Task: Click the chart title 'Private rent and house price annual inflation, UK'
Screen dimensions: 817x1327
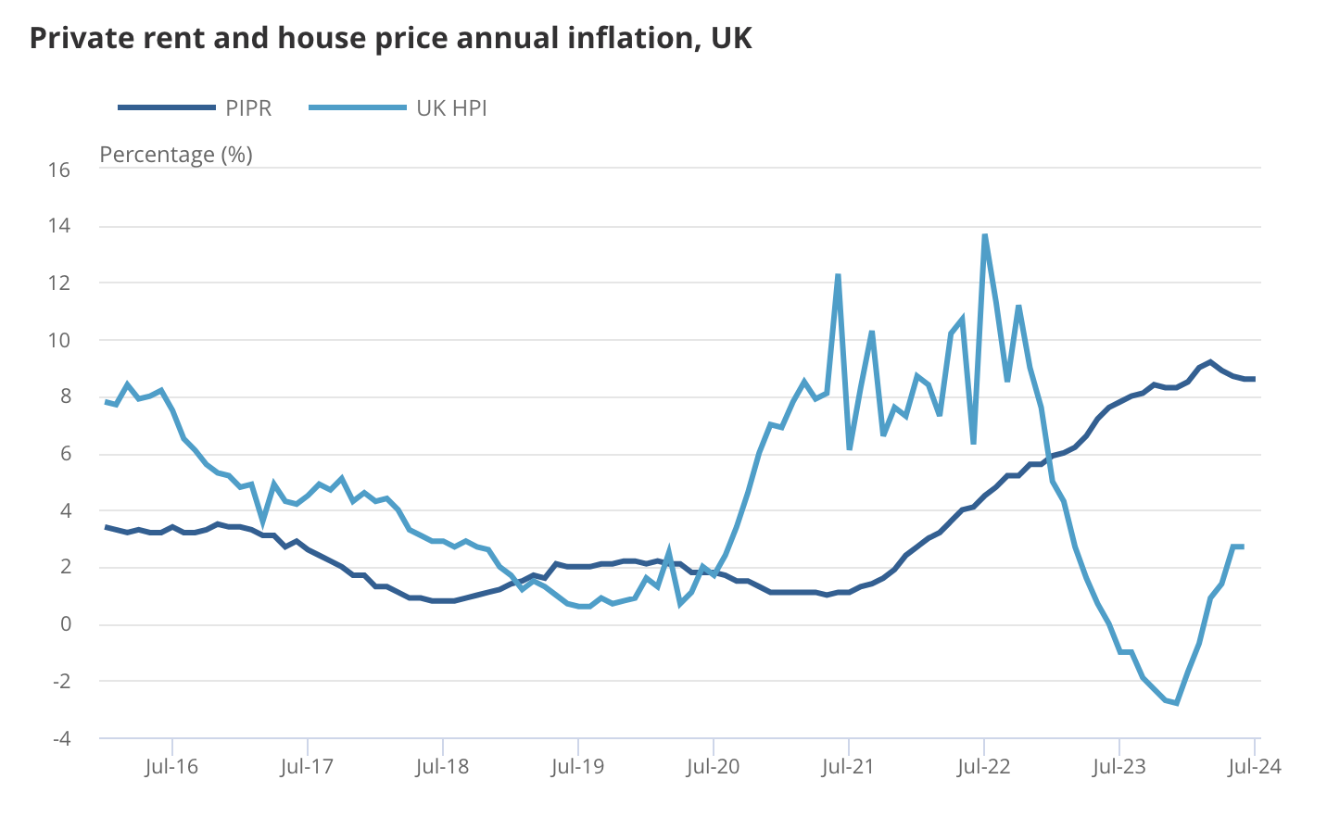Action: tap(390, 38)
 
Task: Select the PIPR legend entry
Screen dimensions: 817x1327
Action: tap(195, 108)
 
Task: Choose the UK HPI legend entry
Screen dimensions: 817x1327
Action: tap(398, 108)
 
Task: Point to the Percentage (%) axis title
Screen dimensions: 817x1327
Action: tap(176, 154)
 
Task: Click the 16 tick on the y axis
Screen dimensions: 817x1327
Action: tap(59, 170)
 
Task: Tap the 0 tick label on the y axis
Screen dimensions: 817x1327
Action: tap(65, 624)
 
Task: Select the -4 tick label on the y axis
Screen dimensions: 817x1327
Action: tap(60, 738)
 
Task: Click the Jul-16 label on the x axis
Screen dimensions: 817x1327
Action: tap(171, 767)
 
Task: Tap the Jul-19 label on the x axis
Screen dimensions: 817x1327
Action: tap(577, 767)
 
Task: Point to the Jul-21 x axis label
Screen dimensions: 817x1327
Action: tap(848, 767)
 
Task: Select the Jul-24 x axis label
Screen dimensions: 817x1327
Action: tap(1254, 767)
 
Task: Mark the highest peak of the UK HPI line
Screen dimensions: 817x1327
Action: tap(984, 235)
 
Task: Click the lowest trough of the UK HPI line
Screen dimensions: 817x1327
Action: tap(1176, 703)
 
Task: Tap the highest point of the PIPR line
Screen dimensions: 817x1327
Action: tap(1210, 362)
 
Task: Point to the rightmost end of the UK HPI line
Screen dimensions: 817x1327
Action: tap(1242, 547)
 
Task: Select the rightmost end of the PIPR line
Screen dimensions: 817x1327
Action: tap(1254, 379)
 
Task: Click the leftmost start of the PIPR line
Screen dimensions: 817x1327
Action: tap(106, 527)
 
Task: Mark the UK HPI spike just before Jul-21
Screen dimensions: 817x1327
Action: tap(838, 275)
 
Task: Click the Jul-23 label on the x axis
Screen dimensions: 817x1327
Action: tap(1118, 767)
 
